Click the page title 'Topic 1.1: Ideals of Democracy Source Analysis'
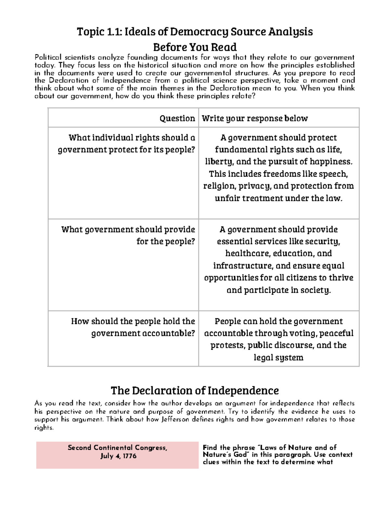click(x=195, y=32)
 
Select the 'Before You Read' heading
click(x=195, y=47)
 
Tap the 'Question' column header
click(x=177, y=118)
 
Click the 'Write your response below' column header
click(x=255, y=118)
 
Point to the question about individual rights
click(x=127, y=143)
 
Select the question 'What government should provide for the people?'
click(x=128, y=235)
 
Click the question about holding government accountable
click(x=133, y=327)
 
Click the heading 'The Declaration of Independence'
click(x=195, y=390)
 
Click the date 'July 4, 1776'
click(x=118, y=456)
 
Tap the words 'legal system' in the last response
click(x=279, y=358)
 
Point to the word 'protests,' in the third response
click(x=228, y=345)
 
